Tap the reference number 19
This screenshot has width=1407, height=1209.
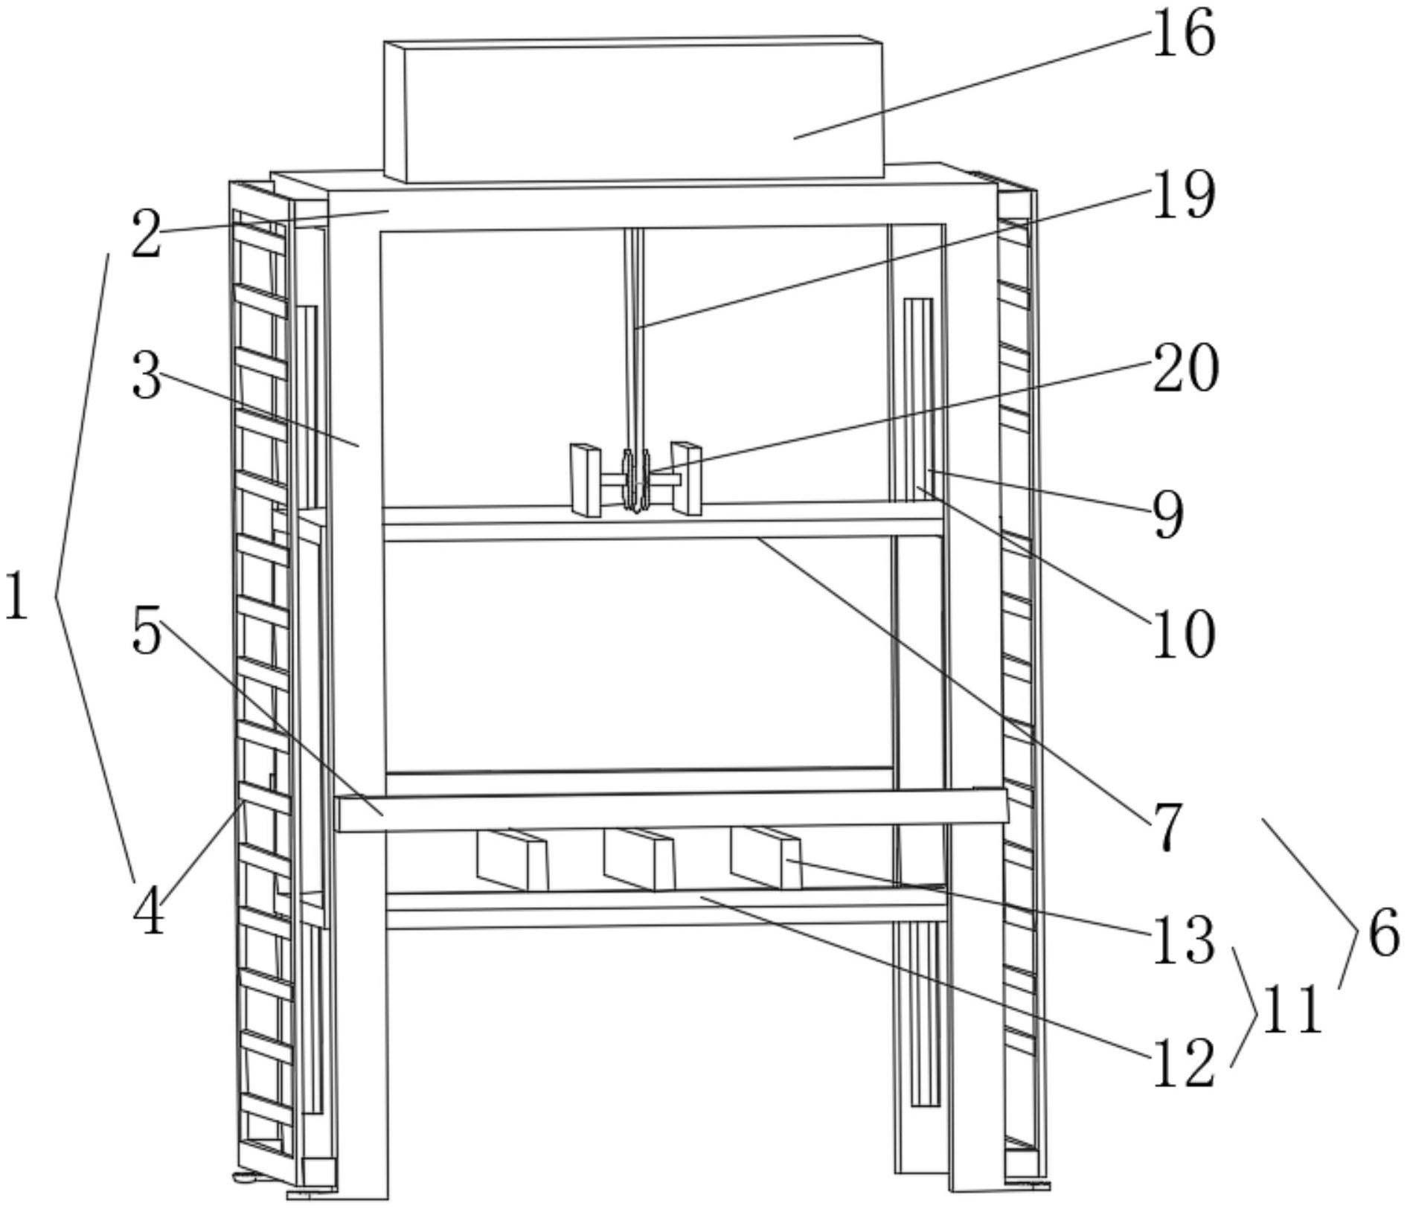point(1183,195)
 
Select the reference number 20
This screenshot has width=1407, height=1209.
point(1185,368)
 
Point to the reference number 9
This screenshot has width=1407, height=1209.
point(1167,515)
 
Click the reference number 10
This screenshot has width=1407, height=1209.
point(1183,635)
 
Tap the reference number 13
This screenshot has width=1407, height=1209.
point(1183,940)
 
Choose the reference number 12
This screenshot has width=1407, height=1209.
point(1183,1063)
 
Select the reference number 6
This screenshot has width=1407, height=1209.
point(1382,934)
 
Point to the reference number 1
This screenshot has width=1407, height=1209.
point(16,595)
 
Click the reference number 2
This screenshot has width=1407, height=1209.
point(146,235)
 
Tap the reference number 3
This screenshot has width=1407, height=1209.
point(146,376)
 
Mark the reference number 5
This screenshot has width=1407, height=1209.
point(146,631)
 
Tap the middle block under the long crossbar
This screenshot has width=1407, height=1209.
point(639,859)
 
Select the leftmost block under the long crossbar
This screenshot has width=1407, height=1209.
point(512,860)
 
